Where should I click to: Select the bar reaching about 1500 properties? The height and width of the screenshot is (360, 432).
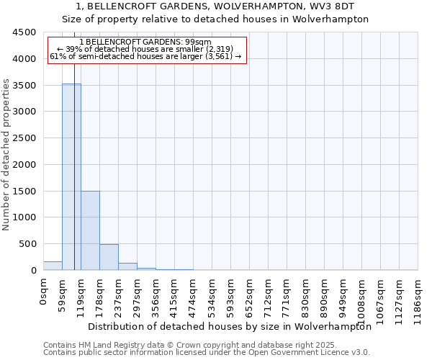(x=90, y=230)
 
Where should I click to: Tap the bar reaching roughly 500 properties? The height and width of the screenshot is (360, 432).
(x=109, y=257)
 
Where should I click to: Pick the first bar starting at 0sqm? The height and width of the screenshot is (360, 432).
(x=53, y=266)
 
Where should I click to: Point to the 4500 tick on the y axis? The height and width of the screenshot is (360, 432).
(x=24, y=32)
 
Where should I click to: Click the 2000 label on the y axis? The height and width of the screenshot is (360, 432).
(x=24, y=165)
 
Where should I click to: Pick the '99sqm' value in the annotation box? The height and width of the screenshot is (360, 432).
(x=198, y=42)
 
